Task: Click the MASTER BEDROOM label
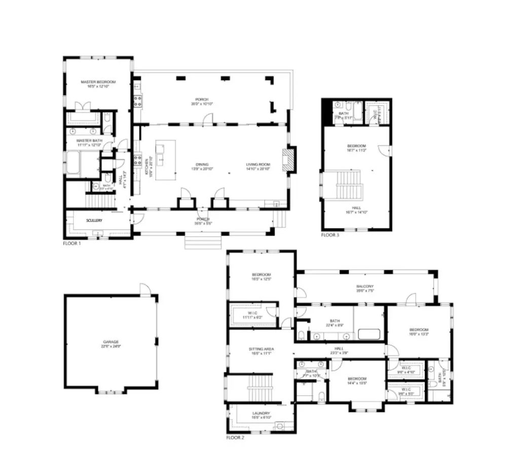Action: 98,82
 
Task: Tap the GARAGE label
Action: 110,342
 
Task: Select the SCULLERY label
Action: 94,220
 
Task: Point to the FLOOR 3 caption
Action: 330,235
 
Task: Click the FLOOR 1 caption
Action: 71,243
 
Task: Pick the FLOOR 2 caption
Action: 235,437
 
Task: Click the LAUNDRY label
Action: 261,413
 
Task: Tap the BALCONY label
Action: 365,286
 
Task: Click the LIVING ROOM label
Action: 258,164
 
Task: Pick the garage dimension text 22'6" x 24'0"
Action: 110,347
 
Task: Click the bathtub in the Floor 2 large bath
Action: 368,334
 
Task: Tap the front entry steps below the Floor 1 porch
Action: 202,242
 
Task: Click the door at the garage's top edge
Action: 145,289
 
